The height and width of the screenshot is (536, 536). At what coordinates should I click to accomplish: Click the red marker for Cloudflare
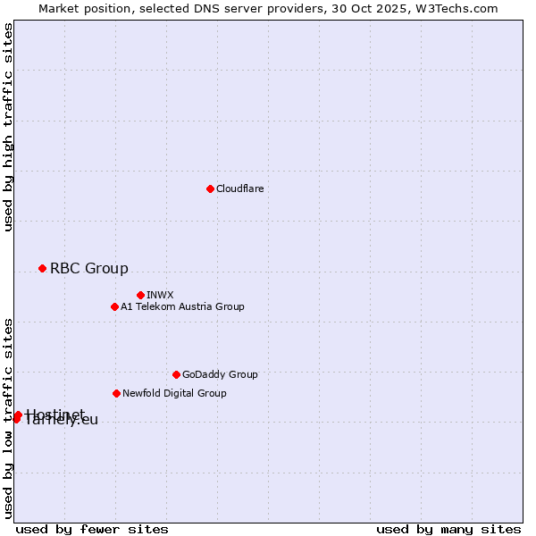coord(210,188)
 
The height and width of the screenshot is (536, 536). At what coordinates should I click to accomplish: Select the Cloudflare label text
coord(240,188)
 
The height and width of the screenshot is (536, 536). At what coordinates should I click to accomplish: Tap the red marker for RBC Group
coord(42,268)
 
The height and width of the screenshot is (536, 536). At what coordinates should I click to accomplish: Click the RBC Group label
coord(89,268)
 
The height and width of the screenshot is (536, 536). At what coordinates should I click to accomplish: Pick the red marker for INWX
coord(140,295)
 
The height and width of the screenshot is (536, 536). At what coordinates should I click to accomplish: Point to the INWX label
coord(161,295)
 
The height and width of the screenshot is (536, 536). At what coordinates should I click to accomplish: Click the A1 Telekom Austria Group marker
coord(114,306)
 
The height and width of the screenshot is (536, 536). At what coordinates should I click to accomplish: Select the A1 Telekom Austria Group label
coord(183,306)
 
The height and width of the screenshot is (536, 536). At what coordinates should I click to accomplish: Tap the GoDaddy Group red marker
coord(176,374)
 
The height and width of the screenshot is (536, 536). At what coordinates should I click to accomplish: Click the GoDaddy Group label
coord(220,374)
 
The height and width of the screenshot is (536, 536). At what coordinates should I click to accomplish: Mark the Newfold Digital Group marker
coord(116,393)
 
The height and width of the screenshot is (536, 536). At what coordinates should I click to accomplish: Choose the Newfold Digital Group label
coord(175,393)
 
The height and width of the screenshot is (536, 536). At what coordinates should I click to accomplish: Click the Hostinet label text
coord(55,413)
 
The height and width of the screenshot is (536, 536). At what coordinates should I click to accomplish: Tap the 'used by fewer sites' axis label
coord(92,529)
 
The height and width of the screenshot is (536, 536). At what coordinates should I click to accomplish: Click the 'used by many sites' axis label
coord(448,529)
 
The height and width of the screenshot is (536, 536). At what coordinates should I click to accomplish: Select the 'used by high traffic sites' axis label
coord(8,127)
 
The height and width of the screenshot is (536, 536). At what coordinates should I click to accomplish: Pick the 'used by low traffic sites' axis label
coord(8,417)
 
